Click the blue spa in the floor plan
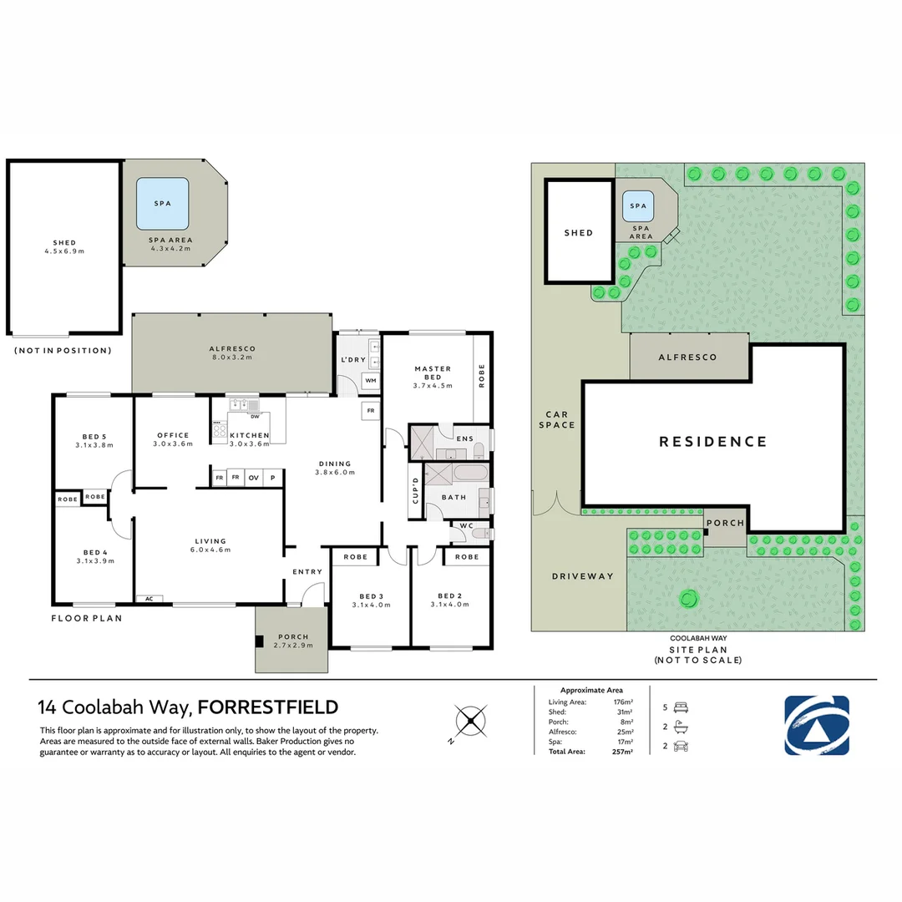162,204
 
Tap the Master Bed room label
433,372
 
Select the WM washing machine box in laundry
371,380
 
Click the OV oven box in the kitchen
253,478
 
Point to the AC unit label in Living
149,599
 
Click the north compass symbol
470,721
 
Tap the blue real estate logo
816,726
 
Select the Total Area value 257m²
622,752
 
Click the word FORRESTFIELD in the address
268,707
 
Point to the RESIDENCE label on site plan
712,442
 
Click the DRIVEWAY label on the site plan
583,575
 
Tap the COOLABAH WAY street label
698,638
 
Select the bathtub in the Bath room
470,474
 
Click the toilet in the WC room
480,535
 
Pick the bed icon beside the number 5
682,707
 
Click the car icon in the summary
682,746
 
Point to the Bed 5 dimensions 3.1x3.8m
94,445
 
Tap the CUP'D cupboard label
415,491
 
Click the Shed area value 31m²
625,712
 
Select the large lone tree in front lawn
688,600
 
